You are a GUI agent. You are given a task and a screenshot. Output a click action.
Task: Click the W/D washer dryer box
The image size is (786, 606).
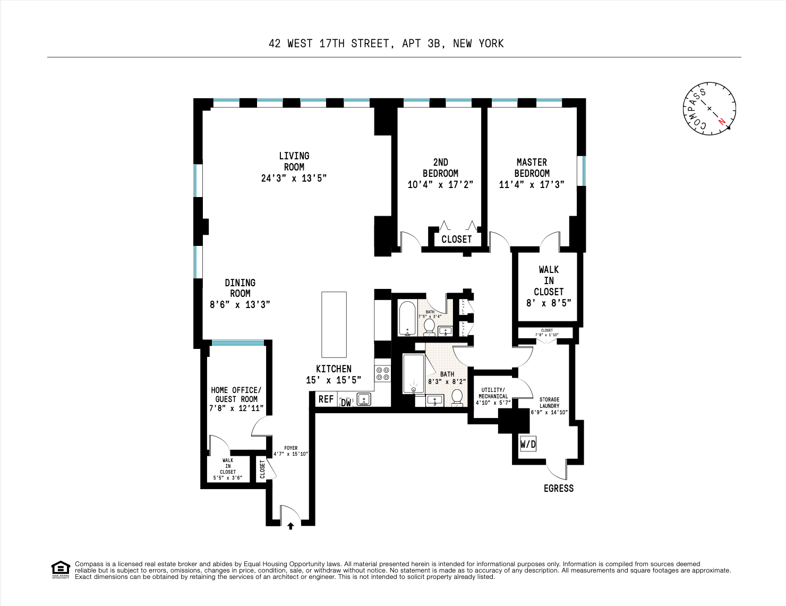[x=528, y=444]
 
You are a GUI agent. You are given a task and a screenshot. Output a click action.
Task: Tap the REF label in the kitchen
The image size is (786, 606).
[x=326, y=399]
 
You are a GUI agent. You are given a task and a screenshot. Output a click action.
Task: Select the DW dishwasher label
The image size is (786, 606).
[x=346, y=403]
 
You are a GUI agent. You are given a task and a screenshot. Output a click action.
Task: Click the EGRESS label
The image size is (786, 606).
[x=559, y=489]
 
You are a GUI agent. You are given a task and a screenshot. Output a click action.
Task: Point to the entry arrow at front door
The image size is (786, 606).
[x=291, y=526]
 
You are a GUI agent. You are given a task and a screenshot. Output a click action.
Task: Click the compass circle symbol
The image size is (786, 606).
[x=709, y=108]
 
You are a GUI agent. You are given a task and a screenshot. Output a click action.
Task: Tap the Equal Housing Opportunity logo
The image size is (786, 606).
[x=61, y=569]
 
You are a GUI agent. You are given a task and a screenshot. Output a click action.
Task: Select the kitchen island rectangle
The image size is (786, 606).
[x=334, y=325]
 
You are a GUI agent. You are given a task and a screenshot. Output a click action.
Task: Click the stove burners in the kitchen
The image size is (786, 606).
[x=382, y=373]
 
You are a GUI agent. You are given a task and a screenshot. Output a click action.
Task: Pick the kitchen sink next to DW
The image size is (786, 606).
[x=364, y=399]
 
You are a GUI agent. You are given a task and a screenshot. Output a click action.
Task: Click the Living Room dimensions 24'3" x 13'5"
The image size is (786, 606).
[x=294, y=178]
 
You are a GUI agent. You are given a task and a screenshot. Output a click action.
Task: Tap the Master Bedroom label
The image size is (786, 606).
[x=532, y=168]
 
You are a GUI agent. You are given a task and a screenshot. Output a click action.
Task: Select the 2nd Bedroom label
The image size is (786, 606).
[x=440, y=168]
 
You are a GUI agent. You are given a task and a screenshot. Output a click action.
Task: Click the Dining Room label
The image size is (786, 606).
[x=240, y=288]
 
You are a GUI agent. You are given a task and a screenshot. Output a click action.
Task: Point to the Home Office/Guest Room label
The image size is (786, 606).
[x=236, y=395]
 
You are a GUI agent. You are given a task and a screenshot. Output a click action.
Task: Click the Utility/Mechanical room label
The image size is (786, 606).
[x=493, y=393]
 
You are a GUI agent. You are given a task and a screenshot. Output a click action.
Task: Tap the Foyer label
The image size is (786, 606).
[x=291, y=448]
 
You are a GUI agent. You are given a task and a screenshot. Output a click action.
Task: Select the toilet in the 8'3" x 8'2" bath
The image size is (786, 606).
[x=457, y=397]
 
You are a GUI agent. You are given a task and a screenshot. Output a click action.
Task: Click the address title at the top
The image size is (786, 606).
[x=386, y=44]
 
